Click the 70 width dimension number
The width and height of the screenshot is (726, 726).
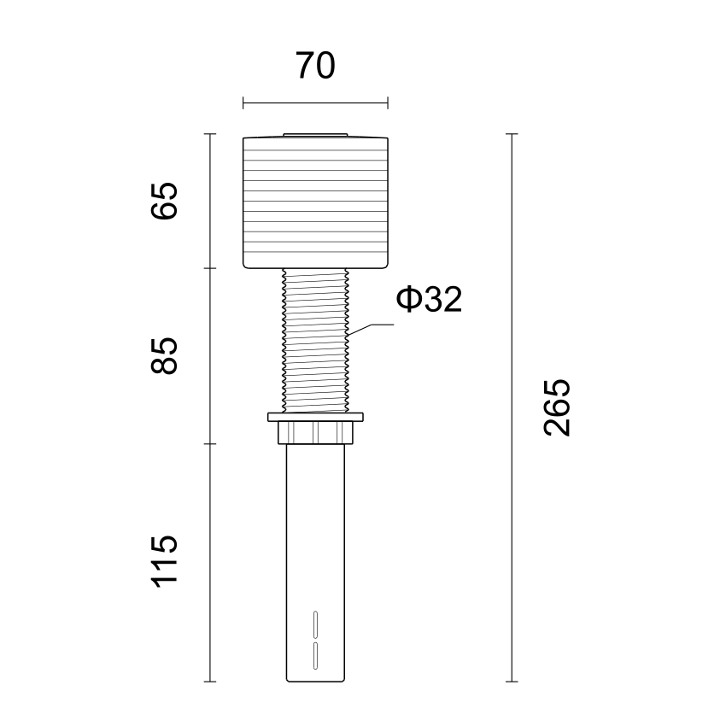click(x=315, y=66)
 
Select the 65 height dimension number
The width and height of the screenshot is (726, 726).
click(x=164, y=201)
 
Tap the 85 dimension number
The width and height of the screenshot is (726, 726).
click(x=164, y=355)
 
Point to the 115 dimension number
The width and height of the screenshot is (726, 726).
click(x=164, y=562)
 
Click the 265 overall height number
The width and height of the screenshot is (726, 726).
click(x=557, y=407)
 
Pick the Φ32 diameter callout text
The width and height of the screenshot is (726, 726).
click(x=429, y=300)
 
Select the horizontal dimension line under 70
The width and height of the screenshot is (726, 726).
click(x=315, y=102)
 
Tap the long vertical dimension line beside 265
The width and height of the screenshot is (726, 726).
click(x=512, y=407)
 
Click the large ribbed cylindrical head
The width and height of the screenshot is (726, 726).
click(x=315, y=202)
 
